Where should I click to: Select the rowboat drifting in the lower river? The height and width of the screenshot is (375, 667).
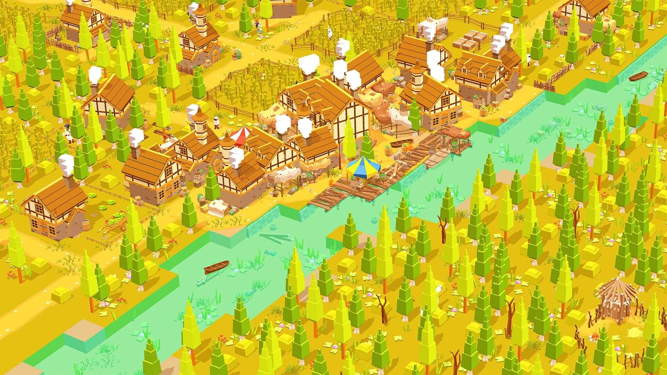[x=216, y=267]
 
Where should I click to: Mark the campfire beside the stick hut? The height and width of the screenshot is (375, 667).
[x=595, y=336]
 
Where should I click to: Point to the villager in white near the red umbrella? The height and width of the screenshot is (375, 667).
[x=217, y=122]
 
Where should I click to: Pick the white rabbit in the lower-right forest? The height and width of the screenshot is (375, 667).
[x=439, y=288]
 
